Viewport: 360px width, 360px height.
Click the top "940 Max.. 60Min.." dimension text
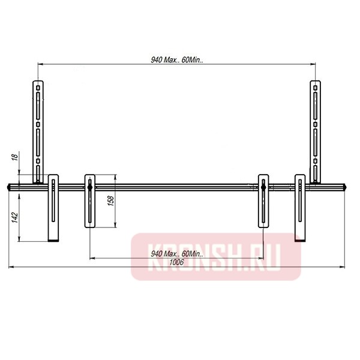(175, 59)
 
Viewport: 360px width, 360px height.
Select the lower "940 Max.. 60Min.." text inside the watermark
(175, 254)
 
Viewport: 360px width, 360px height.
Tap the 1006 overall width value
(176, 262)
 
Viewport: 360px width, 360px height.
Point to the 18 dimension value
(14, 158)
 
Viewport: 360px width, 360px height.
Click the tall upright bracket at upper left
(38, 129)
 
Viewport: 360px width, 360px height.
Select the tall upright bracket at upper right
(314, 129)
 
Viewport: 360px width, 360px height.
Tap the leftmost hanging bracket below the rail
(53, 207)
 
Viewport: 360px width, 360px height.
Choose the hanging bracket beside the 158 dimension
(89, 201)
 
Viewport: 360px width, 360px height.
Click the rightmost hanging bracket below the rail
(301, 207)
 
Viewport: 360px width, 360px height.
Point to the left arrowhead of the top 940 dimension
(40, 64)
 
